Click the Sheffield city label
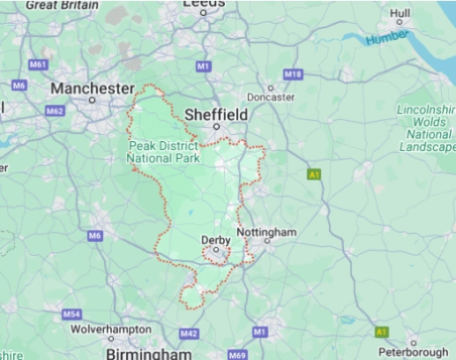216,114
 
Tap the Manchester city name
92,88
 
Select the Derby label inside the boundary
215,239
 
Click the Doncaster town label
270,97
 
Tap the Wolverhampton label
111,328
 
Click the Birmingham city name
148,353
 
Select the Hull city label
400,13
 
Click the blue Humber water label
388,35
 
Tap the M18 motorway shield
292,74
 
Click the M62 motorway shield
55,111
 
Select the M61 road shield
37,64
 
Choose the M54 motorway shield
71,314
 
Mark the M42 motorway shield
189,334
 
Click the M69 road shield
236,355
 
